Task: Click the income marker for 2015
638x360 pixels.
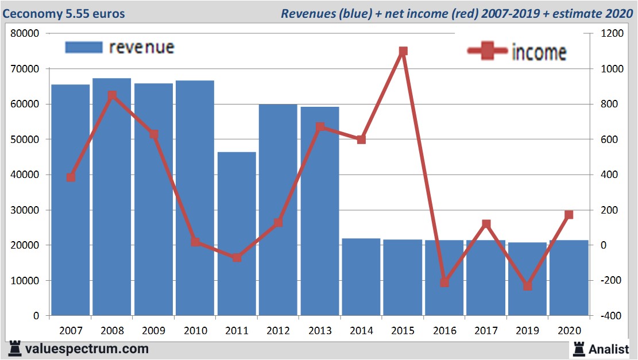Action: click(x=403, y=51)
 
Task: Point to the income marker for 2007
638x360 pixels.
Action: click(x=71, y=177)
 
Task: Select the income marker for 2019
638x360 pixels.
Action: click(x=527, y=285)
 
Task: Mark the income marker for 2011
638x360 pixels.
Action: click(x=237, y=257)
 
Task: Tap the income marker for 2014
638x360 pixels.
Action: click(x=361, y=140)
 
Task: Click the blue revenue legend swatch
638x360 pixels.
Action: click(x=83, y=48)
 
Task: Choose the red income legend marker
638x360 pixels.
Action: click(x=488, y=51)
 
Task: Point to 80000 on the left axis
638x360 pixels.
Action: click(x=25, y=33)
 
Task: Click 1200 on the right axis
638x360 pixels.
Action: click(x=612, y=33)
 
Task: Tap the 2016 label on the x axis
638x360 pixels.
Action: click(x=444, y=331)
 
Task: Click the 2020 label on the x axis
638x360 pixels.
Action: click(x=569, y=331)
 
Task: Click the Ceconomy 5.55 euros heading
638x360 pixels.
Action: click(x=64, y=13)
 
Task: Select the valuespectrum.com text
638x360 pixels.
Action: click(x=86, y=349)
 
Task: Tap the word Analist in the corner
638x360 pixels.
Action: click(x=608, y=349)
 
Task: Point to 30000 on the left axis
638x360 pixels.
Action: click(x=25, y=210)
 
